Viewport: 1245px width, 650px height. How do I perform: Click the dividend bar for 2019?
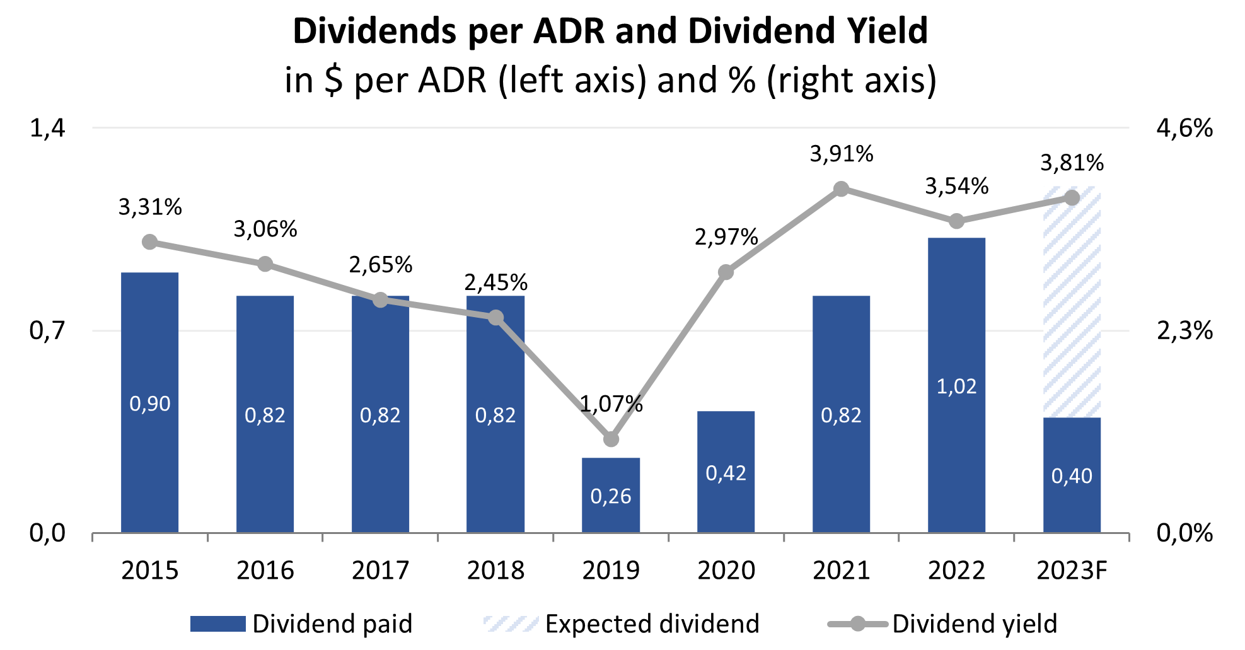tap(610, 495)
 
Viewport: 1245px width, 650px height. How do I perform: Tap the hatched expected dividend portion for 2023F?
tap(1072, 303)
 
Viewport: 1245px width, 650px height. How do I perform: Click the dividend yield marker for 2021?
tap(841, 189)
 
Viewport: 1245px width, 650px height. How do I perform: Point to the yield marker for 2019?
tap(611, 439)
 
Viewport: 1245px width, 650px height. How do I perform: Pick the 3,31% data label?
tap(150, 207)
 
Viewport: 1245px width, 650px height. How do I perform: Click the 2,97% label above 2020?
tap(726, 237)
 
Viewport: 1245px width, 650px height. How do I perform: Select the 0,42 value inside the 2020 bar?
tap(726, 473)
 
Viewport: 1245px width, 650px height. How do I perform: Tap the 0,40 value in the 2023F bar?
tap(1072, 476)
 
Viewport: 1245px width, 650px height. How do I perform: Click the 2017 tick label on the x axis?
tap(380, 571)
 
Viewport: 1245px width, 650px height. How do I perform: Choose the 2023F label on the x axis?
tap(1072, 571)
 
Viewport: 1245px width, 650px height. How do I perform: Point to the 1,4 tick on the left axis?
tap(48, 128)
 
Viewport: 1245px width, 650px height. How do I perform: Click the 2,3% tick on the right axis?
tap(1184, 330)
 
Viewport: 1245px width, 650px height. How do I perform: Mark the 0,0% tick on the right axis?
tap(1184, 533)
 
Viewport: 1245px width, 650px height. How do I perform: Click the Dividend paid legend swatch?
tap(217, 624)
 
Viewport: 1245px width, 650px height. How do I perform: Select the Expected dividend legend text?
tap(652, 624)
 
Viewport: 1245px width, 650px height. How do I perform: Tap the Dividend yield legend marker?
tap(858, 624)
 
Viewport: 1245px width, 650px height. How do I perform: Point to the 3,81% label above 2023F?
tap(1072, 163)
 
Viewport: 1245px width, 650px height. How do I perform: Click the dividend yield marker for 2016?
tap(265, 264)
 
